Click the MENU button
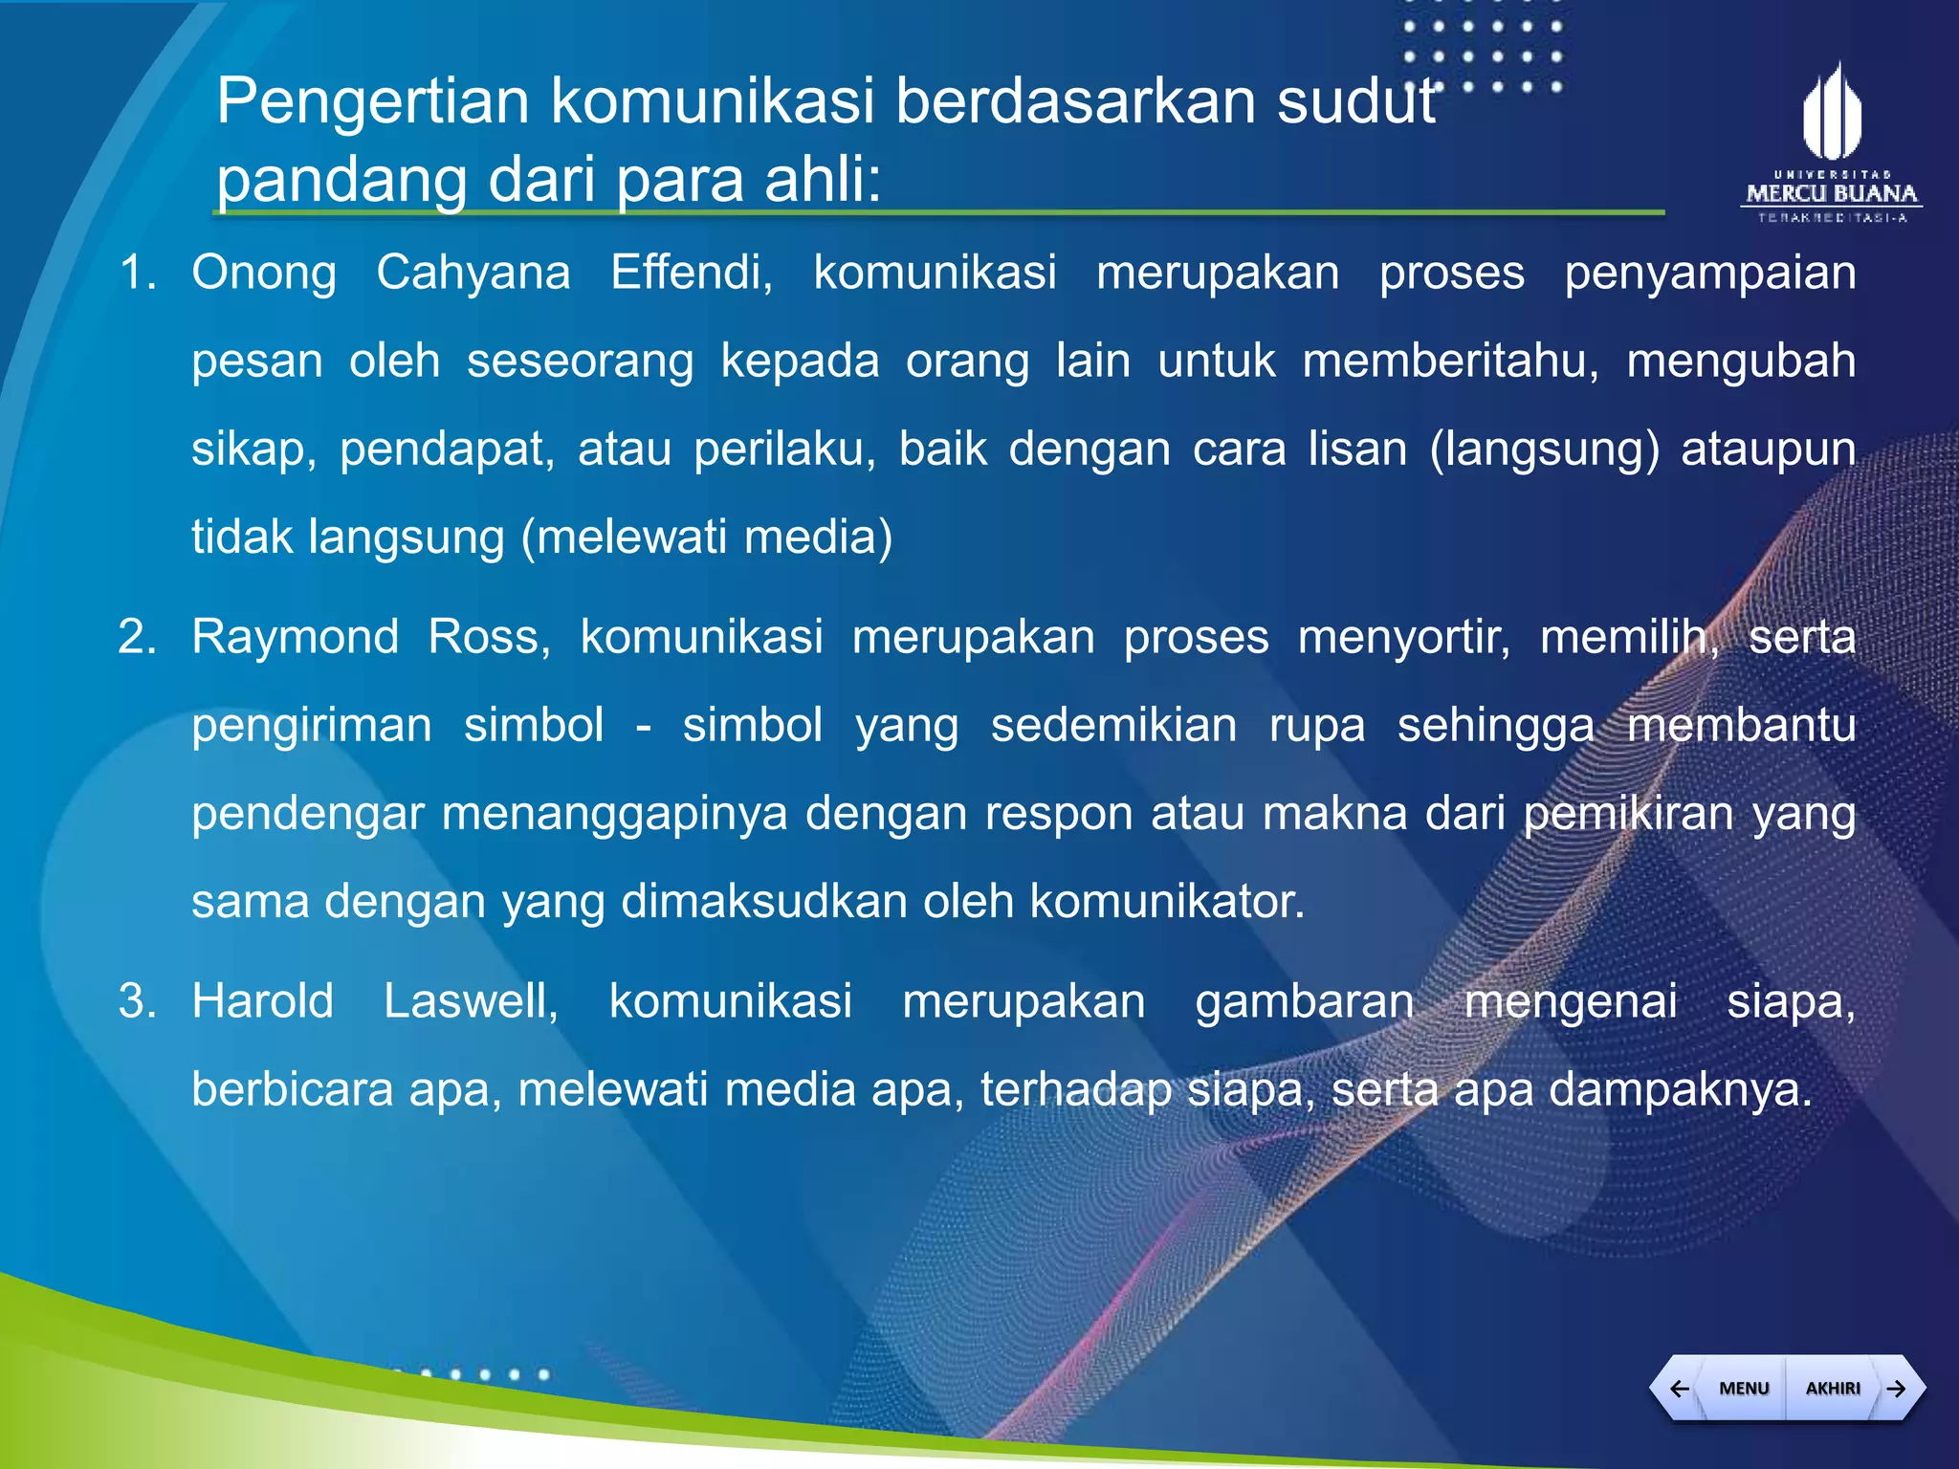tap(1743, 1388)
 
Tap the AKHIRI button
tap(1832, 1388)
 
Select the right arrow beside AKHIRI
tap(1897, 1388)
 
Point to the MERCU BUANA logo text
tap(1832, 194)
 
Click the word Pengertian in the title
tap(373, 101)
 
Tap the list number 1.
tap(138, 273)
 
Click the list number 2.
tap(138, 637)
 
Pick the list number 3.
tap(138, 1001)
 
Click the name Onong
tap(264, 273)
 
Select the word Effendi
tap(691, 273)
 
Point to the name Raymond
tap(295, 637)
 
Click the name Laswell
tap(471, 1001)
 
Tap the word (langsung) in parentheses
tap(1544, 449)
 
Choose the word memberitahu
tap(1449, 362)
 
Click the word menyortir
tap(1403, 637)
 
